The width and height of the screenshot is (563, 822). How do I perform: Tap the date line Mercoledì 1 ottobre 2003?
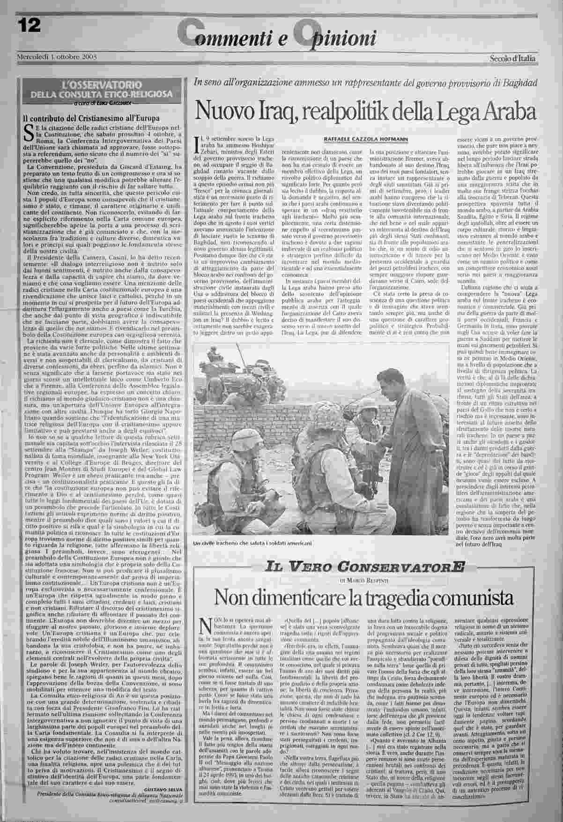point(57,57)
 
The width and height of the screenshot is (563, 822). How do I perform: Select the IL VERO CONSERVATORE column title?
point(365,567)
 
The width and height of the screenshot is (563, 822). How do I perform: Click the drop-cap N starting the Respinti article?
point(204,627)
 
